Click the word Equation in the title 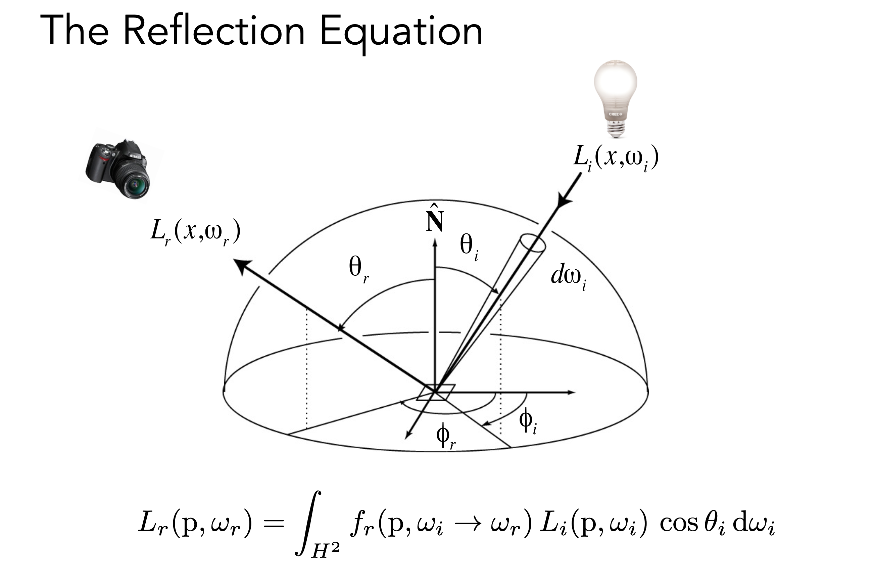tap(401, 33)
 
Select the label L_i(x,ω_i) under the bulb tap(616, 158)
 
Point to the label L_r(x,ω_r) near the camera tap(195, 232)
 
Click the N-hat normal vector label tap(435, 219)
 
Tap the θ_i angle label tap(469, 247)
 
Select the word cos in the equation tap(679, 524)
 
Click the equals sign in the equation tap(274, 524)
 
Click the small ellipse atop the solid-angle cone tap(533, 243)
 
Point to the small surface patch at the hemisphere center tap(436, 392)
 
